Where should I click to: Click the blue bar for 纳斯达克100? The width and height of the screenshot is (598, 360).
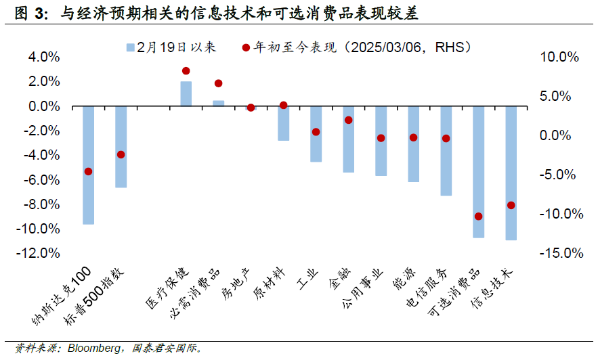click(88, 164)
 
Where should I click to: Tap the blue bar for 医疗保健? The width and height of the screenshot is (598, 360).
click(186, 93)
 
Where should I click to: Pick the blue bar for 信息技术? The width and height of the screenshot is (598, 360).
click(511, 173)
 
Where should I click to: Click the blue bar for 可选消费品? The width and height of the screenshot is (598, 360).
click(478, 171)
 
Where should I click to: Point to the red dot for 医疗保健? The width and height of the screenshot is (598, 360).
click(186, 70)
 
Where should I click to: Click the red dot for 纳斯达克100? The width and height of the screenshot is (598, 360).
click(88, 171)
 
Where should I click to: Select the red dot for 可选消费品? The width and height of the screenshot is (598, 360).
click(478, 217)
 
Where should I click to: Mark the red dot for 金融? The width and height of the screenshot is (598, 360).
click(348, 120)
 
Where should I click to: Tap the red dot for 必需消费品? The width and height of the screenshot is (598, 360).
click(218, 83)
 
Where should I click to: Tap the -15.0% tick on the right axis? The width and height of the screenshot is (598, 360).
click(561, 253)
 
